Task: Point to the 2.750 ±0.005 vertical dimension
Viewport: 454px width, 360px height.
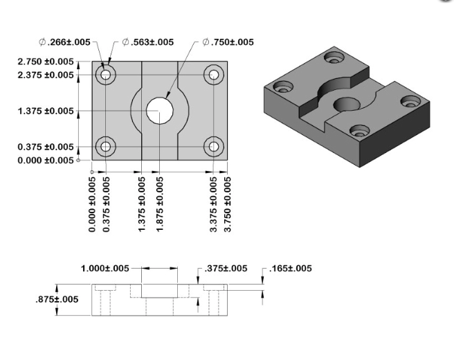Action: [46, 62]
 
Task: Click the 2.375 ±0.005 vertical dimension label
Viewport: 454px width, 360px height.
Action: [46, 75]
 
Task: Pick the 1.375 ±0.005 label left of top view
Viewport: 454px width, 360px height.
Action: [46, 111]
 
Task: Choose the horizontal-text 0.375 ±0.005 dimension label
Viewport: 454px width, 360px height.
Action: [46, 147]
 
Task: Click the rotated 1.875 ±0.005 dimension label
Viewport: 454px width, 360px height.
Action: [161, 204]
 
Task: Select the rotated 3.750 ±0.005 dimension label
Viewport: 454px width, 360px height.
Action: [228, 204]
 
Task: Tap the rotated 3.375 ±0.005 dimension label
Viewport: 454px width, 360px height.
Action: [214, 204]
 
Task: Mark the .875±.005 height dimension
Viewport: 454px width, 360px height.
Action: [57, 300]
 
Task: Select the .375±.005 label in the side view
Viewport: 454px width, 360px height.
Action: [225, 269]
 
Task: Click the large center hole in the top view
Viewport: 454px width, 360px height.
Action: [160, 110]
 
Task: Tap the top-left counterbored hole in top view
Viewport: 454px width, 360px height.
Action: [105, 74]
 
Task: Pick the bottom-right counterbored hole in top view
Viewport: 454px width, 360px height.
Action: [214, 146]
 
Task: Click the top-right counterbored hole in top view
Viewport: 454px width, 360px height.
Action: [214, 74]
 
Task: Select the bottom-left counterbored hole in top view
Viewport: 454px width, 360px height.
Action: [105, 146]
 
